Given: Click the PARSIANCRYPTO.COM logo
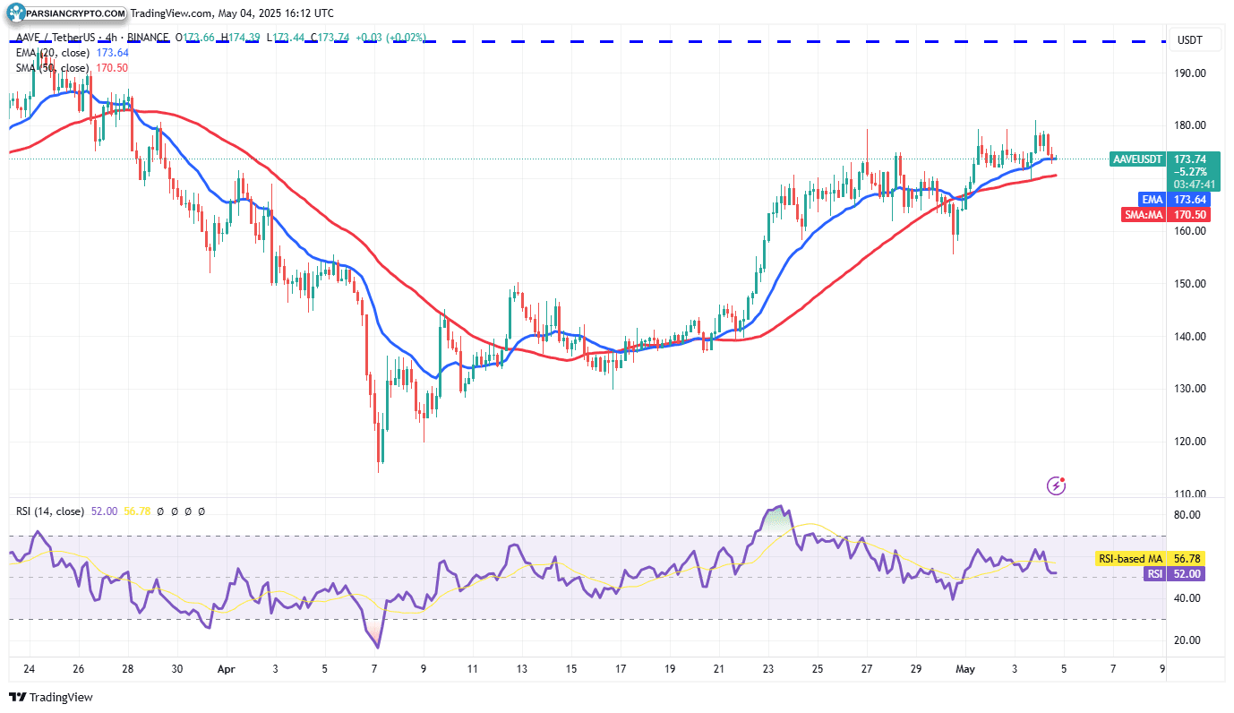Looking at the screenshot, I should point(67,13).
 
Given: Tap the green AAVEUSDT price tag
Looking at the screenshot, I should point(1137,159).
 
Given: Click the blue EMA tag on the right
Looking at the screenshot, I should point(1152,199).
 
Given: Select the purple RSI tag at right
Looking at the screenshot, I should point(1156,573).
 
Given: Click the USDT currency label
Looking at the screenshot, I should point(1189,40).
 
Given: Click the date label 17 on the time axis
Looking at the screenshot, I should point(620,669).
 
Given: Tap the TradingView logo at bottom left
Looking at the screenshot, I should point(51,697).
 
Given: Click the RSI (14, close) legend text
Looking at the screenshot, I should point(50,511).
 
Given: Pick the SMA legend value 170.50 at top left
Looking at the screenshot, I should point(111,68).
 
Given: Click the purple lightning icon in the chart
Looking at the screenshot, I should point(1057,485).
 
